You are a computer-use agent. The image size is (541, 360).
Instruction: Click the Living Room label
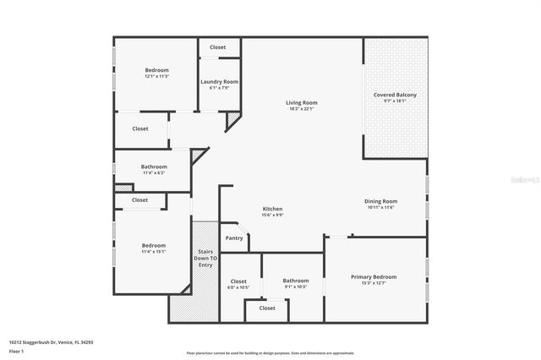tap(301, 103)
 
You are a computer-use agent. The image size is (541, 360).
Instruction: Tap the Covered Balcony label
tap(395, 95)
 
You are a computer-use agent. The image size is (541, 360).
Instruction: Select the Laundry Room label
tap(215, 81)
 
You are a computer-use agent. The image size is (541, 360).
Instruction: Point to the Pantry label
tap(234, 238)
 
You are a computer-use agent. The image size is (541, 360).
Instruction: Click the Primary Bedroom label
tap(373, 276)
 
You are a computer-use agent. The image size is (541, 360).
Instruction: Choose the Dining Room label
tap(380, 201)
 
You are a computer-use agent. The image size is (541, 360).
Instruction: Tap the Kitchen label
tap(272, 209)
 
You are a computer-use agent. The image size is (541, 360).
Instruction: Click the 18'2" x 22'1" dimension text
tap(301, 109)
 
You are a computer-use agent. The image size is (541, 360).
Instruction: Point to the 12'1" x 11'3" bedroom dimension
tap(156, 76)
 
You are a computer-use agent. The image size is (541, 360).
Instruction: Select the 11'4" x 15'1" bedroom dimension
tap(153, 251)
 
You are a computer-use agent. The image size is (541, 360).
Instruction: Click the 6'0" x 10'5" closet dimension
tap(238, 286)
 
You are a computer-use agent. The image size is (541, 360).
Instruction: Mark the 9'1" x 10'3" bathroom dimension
tap(296, 286)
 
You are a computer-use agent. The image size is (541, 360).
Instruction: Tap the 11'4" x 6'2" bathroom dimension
tap(154, 172)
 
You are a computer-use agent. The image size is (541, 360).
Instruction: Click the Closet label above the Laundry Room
tap(217, 47)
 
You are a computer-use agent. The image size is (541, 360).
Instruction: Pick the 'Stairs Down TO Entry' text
tap(205, 259)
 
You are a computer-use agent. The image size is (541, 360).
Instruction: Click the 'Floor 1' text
tap(15, 350)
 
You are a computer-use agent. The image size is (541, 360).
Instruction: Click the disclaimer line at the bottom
tap(270, 352)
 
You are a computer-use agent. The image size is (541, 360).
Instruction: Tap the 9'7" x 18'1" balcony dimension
tap(395, 101)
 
